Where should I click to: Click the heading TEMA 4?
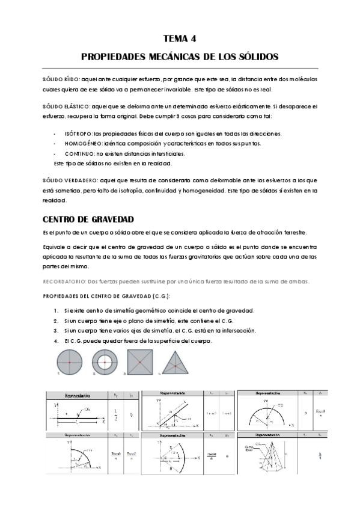point(180,39)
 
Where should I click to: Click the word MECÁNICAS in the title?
point(162,57)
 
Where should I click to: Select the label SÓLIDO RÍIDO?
point(60,79)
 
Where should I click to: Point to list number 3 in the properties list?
point(56,331)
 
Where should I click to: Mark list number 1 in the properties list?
point(56,310)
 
